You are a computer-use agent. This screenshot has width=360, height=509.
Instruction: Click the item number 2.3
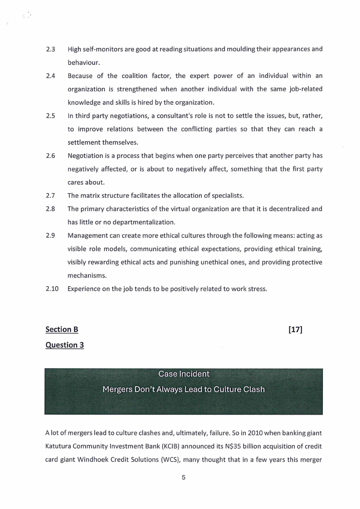tap(50, 49)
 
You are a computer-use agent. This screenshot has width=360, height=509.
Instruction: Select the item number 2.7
tap(50, 196)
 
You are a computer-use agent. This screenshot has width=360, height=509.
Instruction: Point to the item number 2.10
tap(52, 288)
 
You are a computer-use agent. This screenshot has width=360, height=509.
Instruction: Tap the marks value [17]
tap(295, 329)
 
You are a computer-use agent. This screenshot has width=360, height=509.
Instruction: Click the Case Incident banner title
tap(184, 374)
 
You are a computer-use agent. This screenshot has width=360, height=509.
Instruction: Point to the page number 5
tap(184, 477)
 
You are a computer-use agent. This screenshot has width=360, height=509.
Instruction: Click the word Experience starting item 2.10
tap(85, 288)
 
